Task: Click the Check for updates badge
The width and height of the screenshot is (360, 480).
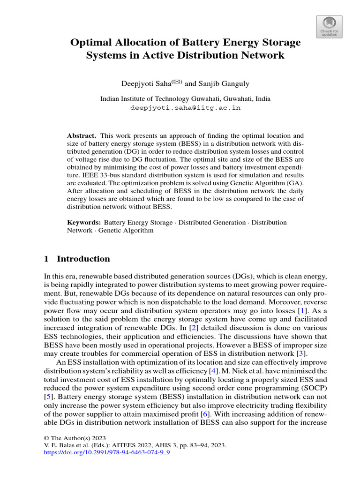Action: coord(329,26)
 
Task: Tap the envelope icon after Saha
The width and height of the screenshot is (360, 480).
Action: coord(177,82)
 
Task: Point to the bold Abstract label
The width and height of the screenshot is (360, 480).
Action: coord(81,135)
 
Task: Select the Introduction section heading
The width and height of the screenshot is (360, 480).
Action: coord(83,259)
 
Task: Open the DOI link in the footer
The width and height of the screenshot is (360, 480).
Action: coord(106,454)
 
